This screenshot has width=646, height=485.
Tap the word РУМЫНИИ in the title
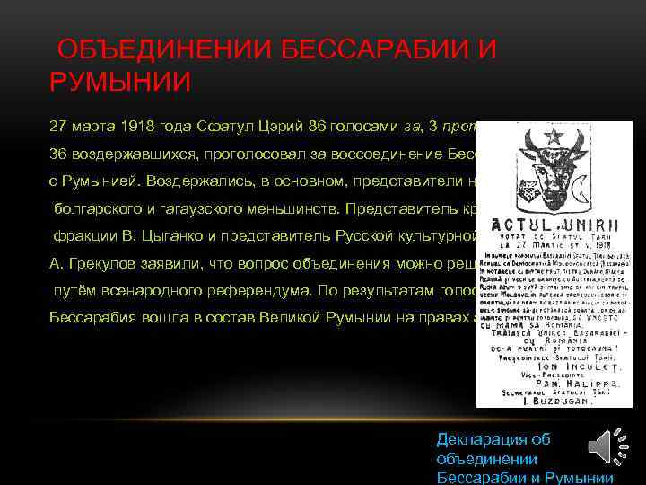coord(120,83)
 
